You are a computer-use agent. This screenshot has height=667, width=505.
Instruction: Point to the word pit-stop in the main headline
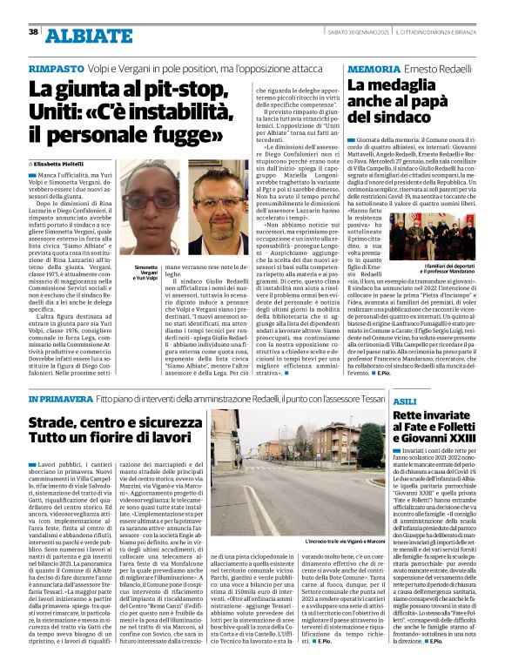179,91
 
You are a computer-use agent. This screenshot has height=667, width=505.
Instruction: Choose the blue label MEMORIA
374,68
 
